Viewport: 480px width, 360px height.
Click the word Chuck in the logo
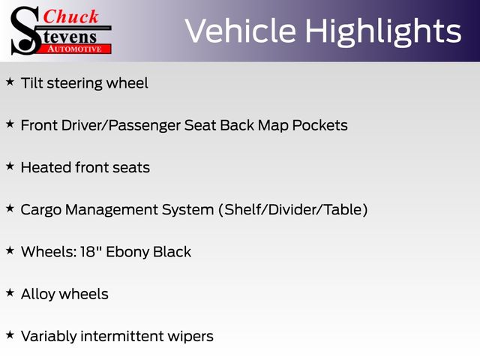[70, 16]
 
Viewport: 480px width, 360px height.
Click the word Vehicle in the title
[241, 31]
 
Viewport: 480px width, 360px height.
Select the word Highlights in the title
[383, 32]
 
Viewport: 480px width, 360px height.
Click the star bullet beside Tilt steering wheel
[10, 82]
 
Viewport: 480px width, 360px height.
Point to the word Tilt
[31, 83]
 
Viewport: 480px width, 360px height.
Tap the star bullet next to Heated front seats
[10, 166]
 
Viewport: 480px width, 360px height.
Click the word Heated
[46, 167]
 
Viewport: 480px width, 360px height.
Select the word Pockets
[320, 125]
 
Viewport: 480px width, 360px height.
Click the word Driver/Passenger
[121, 126]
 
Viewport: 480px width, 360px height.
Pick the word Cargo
[41, 211]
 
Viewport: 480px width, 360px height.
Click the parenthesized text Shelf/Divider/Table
[293, 210]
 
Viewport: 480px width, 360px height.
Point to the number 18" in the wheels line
[91, 252]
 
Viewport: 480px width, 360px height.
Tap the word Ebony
[127, 253]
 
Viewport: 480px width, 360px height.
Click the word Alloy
[38, 295]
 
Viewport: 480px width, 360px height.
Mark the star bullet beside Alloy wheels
[10, 292]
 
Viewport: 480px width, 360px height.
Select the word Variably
[49, 337]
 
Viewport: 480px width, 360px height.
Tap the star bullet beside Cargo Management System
[10, 208]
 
